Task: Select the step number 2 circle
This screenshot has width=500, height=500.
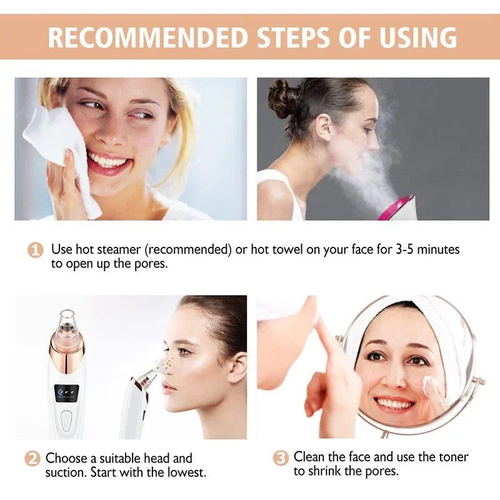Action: (32, 459)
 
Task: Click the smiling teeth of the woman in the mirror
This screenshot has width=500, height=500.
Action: (394, 403)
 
